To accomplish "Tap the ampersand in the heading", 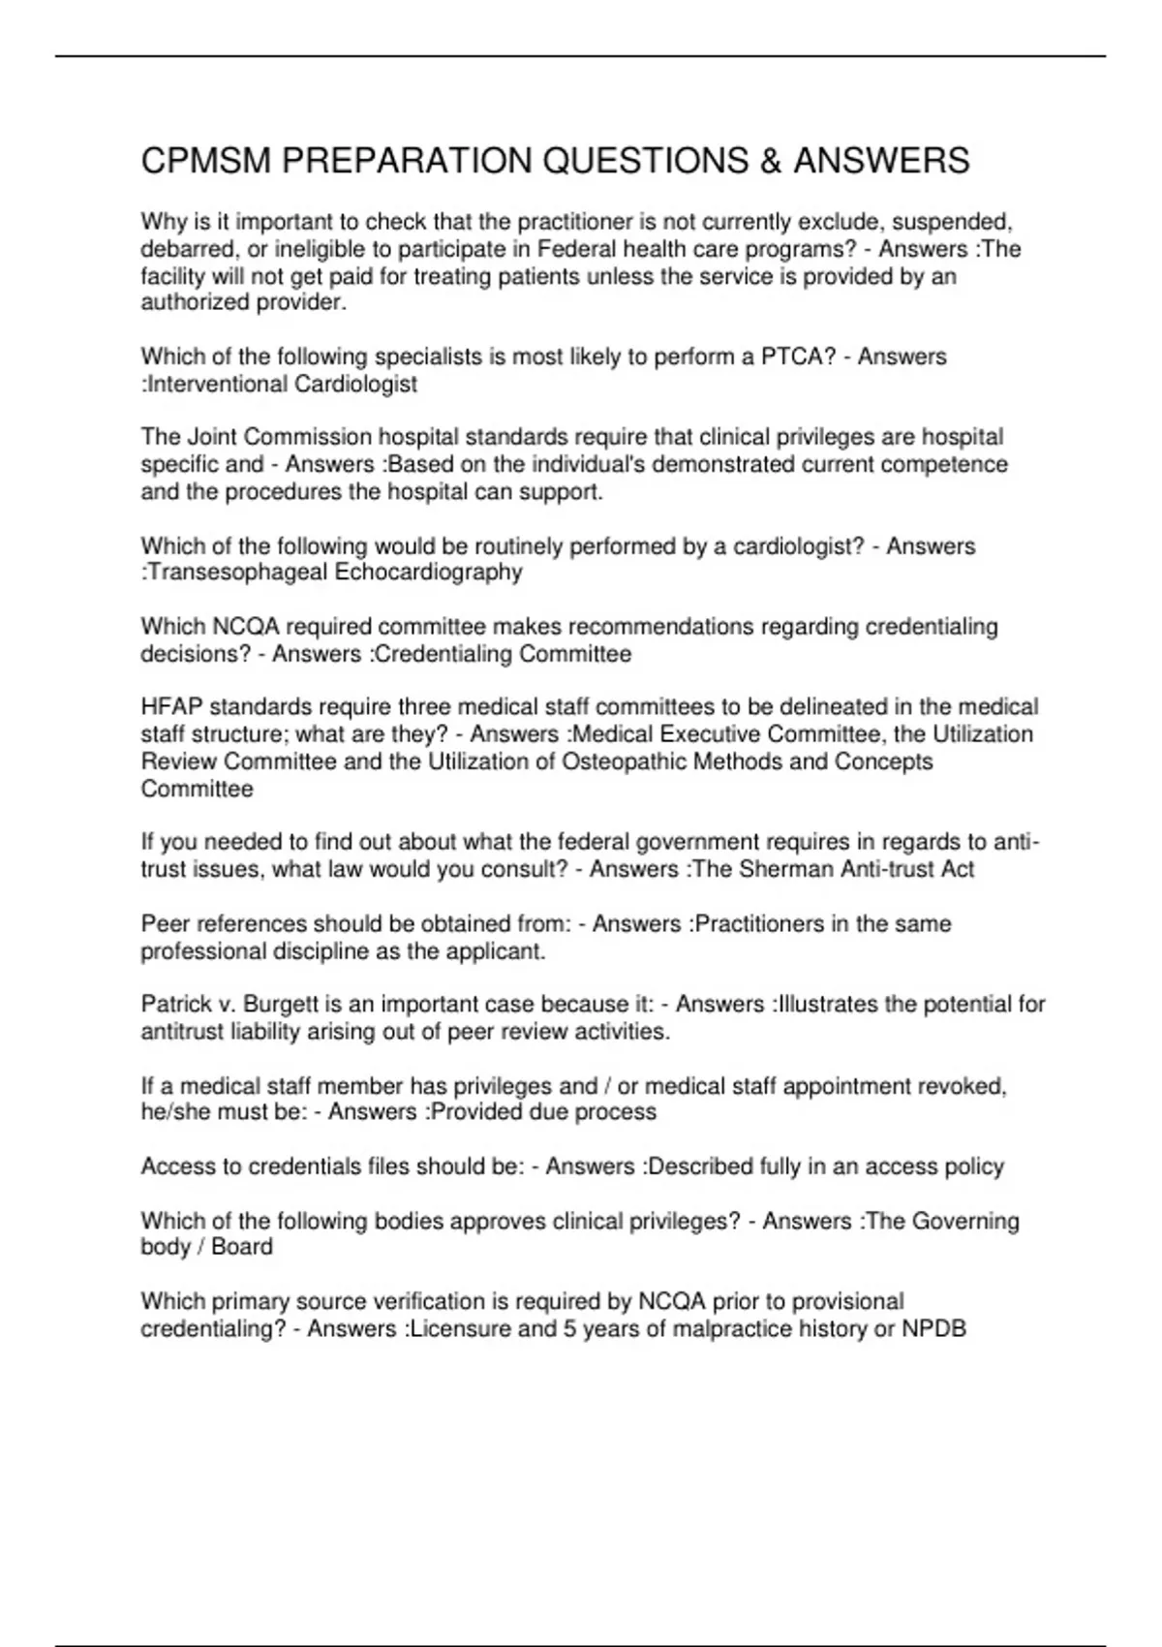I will click(x=770, y=161).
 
